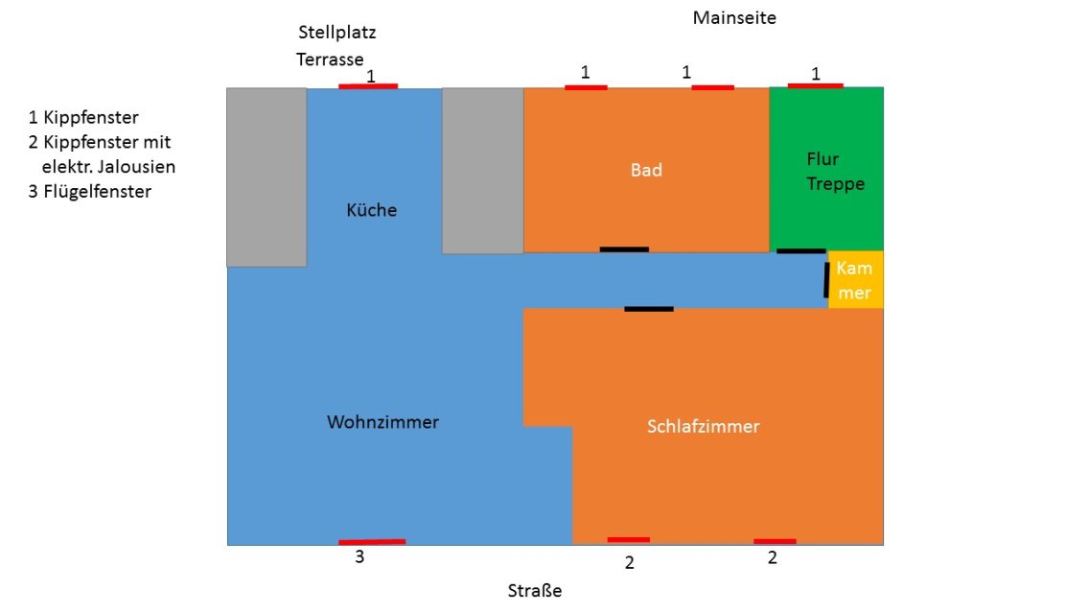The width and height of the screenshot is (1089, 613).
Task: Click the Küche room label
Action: pos(371,210)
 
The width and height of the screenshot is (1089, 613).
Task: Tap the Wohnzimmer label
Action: pos(382,422)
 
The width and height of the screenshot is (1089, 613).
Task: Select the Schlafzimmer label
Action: pos(703,427)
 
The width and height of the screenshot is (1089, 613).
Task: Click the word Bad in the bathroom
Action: pos(646,171)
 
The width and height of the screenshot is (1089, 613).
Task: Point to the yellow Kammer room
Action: pos(854,280)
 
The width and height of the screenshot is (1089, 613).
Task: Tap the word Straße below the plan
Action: pos(534,591)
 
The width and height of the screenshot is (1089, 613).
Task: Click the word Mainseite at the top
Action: pos(734,18)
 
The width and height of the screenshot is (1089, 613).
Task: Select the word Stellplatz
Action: pos(336,33)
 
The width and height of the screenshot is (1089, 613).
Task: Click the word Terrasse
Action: pos(330,59)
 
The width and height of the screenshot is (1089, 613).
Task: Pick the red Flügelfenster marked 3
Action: pos(372,542)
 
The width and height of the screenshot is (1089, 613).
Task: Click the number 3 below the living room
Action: pos(359,557)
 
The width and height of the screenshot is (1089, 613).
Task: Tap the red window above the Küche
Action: pos(368,86)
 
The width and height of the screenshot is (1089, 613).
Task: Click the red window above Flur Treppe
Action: pos(815,85)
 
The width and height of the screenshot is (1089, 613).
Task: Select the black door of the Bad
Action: pos(624,249)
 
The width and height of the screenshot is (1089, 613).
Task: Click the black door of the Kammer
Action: pos(826,280)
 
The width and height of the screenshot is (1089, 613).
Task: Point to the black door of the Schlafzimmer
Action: pos(648,309)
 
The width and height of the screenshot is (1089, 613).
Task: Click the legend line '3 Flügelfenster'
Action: pos(90,191)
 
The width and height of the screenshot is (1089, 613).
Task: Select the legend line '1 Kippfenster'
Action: pos(83,118)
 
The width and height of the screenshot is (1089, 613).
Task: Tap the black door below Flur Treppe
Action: pos(800,251)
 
